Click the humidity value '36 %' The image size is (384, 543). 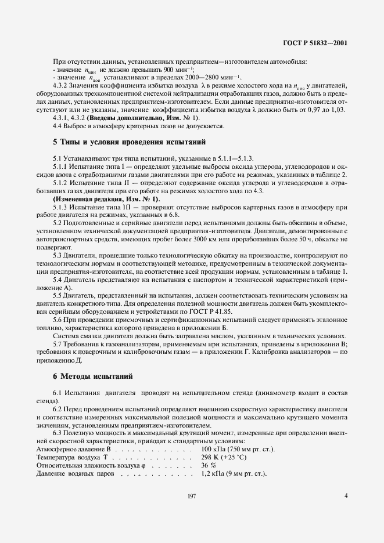(x=208, y=465)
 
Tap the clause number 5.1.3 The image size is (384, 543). (x=60, y=207)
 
